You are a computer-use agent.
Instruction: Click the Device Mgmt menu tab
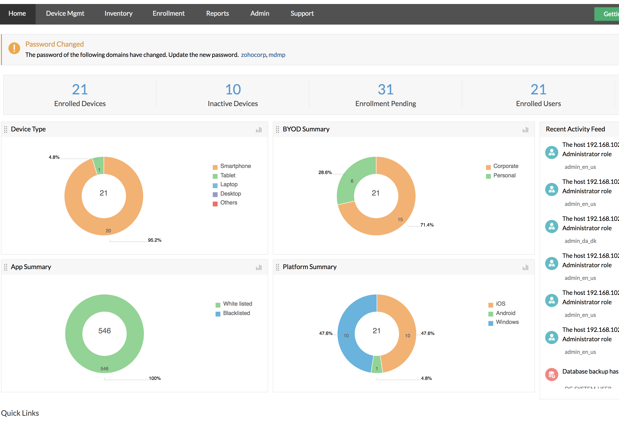tap(65, 13)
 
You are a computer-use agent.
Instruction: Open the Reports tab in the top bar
tap(217, 13)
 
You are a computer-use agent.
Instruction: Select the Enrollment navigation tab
tap(168, 13)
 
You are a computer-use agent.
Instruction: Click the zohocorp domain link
tap(253, 55)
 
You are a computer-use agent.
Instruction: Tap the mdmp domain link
tap(277, 55)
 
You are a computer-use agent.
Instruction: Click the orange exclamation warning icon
tap(14, 48)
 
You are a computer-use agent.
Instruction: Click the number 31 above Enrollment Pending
tap(385, 89)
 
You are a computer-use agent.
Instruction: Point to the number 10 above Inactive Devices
tap(233, 89)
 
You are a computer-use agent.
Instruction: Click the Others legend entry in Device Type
tap(228, 203)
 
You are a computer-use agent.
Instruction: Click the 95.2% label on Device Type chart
tap(154, 240)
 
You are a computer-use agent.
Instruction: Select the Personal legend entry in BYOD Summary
tap(504, 175)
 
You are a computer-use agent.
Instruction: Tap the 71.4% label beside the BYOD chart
tap(427, 225)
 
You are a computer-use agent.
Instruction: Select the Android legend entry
tap(505, 313)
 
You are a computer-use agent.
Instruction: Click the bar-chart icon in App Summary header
tap(259, 267)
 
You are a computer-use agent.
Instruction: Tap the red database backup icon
tap(551, 375)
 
